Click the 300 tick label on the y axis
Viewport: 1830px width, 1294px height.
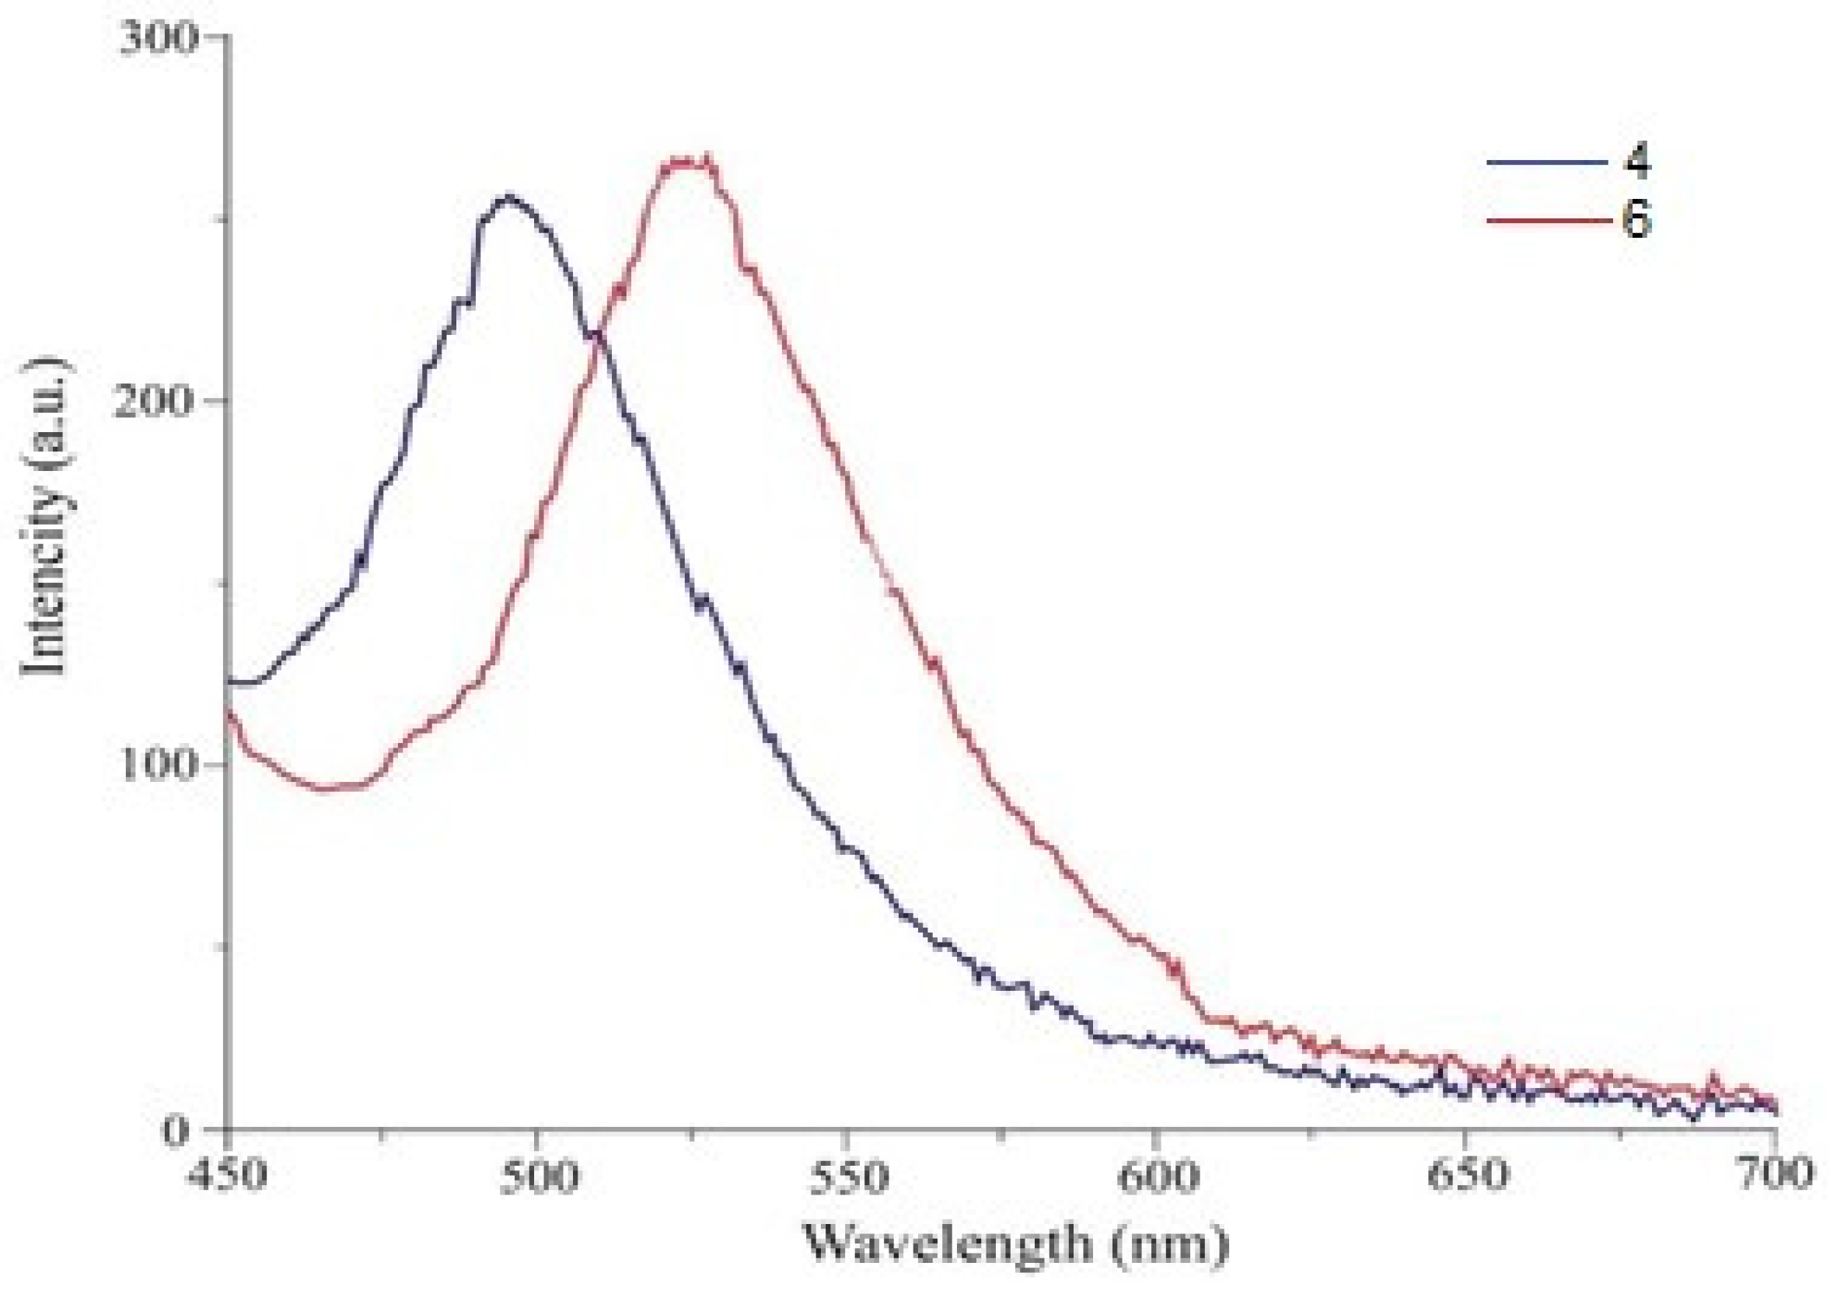[156, 38]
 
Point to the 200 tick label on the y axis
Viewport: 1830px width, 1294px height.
[155, 401]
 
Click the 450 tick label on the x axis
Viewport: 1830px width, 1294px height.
[229, 1176]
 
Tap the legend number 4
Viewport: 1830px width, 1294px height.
[1636, 162]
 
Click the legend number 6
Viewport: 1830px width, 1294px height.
[1636, 219]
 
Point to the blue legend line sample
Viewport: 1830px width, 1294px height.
[1546, 162]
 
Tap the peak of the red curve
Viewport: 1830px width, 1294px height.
[687, 162]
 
